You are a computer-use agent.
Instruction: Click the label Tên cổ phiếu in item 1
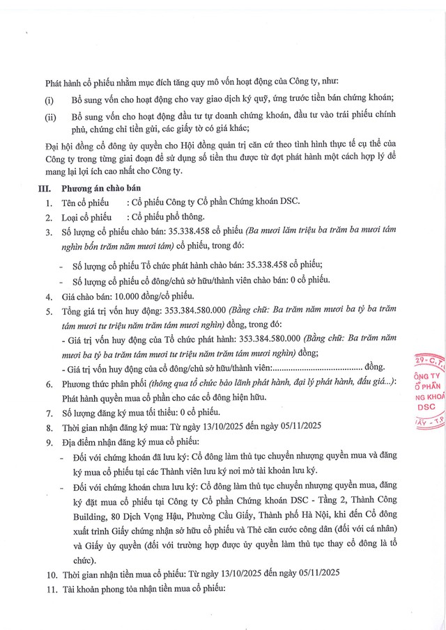tap(84, 202)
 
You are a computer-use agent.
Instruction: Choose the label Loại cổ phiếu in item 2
tap(86, 216)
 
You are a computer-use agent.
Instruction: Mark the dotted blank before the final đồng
tap(316, 366)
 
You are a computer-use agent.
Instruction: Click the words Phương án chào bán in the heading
tap(100, 189)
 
